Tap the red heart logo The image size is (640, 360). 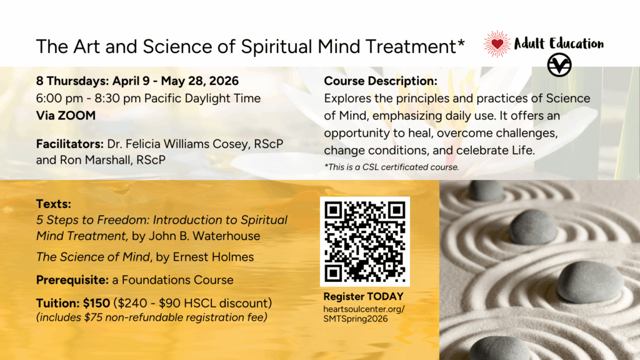[497, 44]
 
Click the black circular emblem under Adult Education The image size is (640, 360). [559, 65]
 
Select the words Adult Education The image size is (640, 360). [559, 44]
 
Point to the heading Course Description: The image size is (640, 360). [381, 82]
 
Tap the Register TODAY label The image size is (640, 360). [363, 296]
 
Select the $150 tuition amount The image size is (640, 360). [97, 303]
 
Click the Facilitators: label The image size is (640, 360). [70, 144]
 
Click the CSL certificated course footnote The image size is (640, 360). [391, 166]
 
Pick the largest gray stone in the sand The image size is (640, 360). [589, 282]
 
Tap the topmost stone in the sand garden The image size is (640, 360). [486, 190]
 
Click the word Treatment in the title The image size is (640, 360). [412, 46]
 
